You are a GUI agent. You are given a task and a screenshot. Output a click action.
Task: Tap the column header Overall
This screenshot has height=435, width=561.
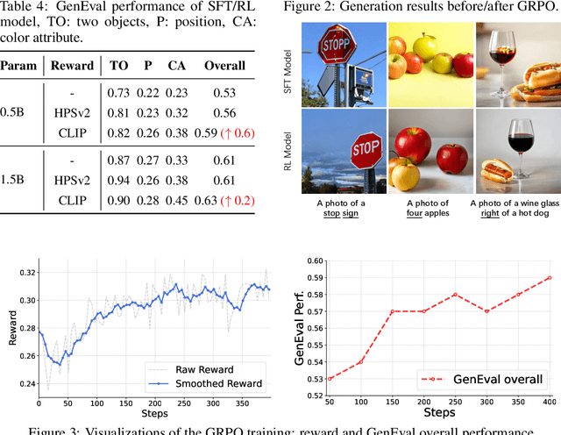(224, 66)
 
